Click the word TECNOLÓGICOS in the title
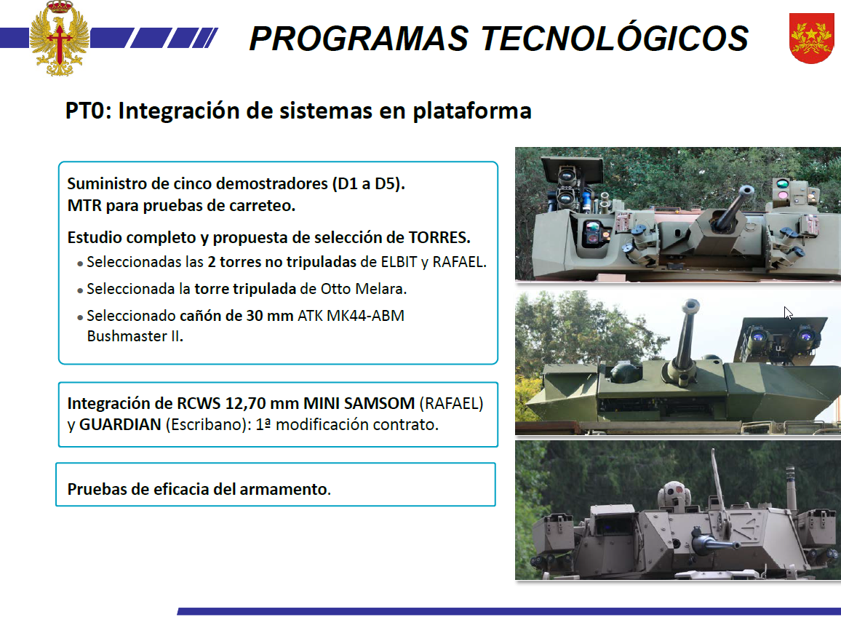tap(614, 38)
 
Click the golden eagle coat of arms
tap(60, 38)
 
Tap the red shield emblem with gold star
tap(811, 38)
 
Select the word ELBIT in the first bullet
tap(399, 262)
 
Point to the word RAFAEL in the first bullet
tap(459, 262)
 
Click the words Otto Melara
tap(363, 289)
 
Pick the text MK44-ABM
tap(365, 316)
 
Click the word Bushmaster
tap(127, 336)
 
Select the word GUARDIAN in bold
tap(120, 425)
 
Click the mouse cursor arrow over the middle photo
tap(787, 313)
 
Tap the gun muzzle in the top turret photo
tap(746, 191)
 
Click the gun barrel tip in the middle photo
tap(691, 306)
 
